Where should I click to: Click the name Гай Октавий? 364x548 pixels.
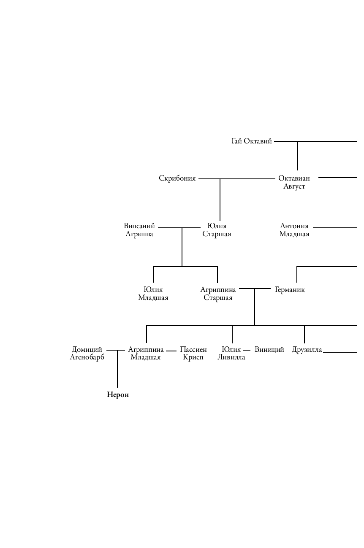pos(252,141)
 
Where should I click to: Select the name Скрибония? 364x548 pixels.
pos(177,178)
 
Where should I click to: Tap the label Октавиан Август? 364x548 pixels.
pos(294,182)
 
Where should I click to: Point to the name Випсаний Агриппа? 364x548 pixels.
pos(139,230)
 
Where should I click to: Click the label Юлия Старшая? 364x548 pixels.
pos(217,230)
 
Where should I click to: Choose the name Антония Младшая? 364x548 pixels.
pos(294,230)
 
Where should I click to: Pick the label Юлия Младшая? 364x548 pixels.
pos(153,294)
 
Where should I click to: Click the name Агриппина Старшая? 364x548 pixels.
pos(218,294)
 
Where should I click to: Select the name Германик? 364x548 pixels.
pos(290,290)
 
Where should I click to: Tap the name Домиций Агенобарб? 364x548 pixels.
pos(87,354)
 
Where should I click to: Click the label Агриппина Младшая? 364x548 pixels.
pos(146,354)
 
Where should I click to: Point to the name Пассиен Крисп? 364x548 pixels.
pos(193,354)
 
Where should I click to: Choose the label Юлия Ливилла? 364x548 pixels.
pos(231,354)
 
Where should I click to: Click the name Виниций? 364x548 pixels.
pos(269,350)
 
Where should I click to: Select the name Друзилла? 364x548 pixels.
pos(307,350)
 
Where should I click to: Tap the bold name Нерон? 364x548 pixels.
pos(118,395)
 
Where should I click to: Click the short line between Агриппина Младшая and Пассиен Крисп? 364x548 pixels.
pos(171,351)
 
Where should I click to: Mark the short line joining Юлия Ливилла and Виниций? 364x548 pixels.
pos(247,350)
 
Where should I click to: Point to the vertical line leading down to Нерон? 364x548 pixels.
pos(117,371)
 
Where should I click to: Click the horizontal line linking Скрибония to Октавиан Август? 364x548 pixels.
pos(245,179)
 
